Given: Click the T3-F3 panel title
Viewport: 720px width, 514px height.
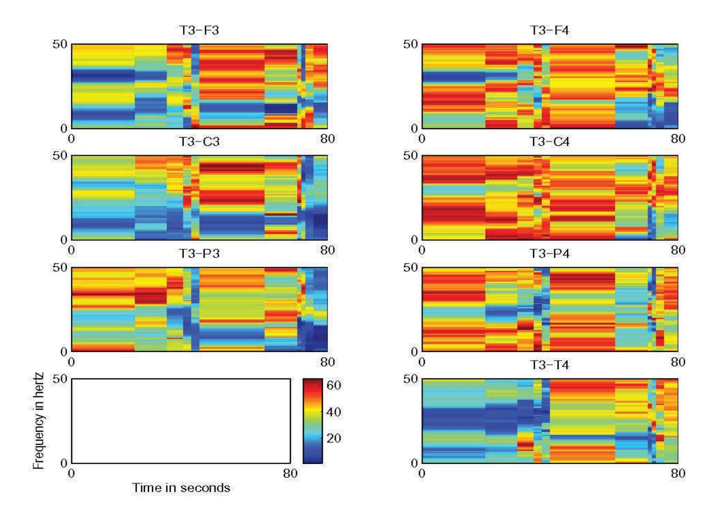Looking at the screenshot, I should [x=199, y=30].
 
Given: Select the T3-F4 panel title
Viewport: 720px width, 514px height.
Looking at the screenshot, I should [x=549, y=30].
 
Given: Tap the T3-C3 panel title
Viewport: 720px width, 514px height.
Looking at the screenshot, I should [x=199, y=142].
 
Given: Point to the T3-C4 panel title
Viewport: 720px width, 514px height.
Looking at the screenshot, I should [x=549, y=142].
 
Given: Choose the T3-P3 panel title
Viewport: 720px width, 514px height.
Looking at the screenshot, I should [x=199, y=254].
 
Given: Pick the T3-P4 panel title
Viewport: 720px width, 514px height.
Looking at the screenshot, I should [x=549, y=254].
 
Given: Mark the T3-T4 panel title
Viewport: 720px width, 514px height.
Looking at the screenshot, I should [x=549, y=365].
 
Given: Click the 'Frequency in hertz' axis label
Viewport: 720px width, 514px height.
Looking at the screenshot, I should [x=38, y=421].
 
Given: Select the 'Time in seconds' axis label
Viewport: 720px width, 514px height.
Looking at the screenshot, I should [x=181, y=488].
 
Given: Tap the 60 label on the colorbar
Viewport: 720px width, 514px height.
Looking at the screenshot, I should [x=334, y=385].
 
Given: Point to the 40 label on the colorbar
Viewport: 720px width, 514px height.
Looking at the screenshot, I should [x=334, y=412].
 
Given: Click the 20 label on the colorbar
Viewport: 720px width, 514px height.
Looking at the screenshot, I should [x=334, y=438].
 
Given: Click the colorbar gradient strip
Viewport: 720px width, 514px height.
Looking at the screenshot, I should [x=313, y=421].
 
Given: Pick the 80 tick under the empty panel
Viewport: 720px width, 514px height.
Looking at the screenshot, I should [x=290, y=473].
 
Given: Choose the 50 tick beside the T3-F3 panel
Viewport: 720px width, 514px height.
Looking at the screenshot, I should [x=60, y=44].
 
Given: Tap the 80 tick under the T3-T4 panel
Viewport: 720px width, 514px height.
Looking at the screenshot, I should [x=678, y=473].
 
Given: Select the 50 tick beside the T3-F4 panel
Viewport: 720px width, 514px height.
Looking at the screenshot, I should [x=410, y=44].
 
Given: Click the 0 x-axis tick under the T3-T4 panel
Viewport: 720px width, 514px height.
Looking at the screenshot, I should [x=422, y=473].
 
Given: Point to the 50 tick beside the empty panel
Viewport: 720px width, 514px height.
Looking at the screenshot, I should [x=60, y=379].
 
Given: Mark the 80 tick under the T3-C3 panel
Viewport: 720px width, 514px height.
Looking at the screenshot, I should [x=327, y=250].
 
